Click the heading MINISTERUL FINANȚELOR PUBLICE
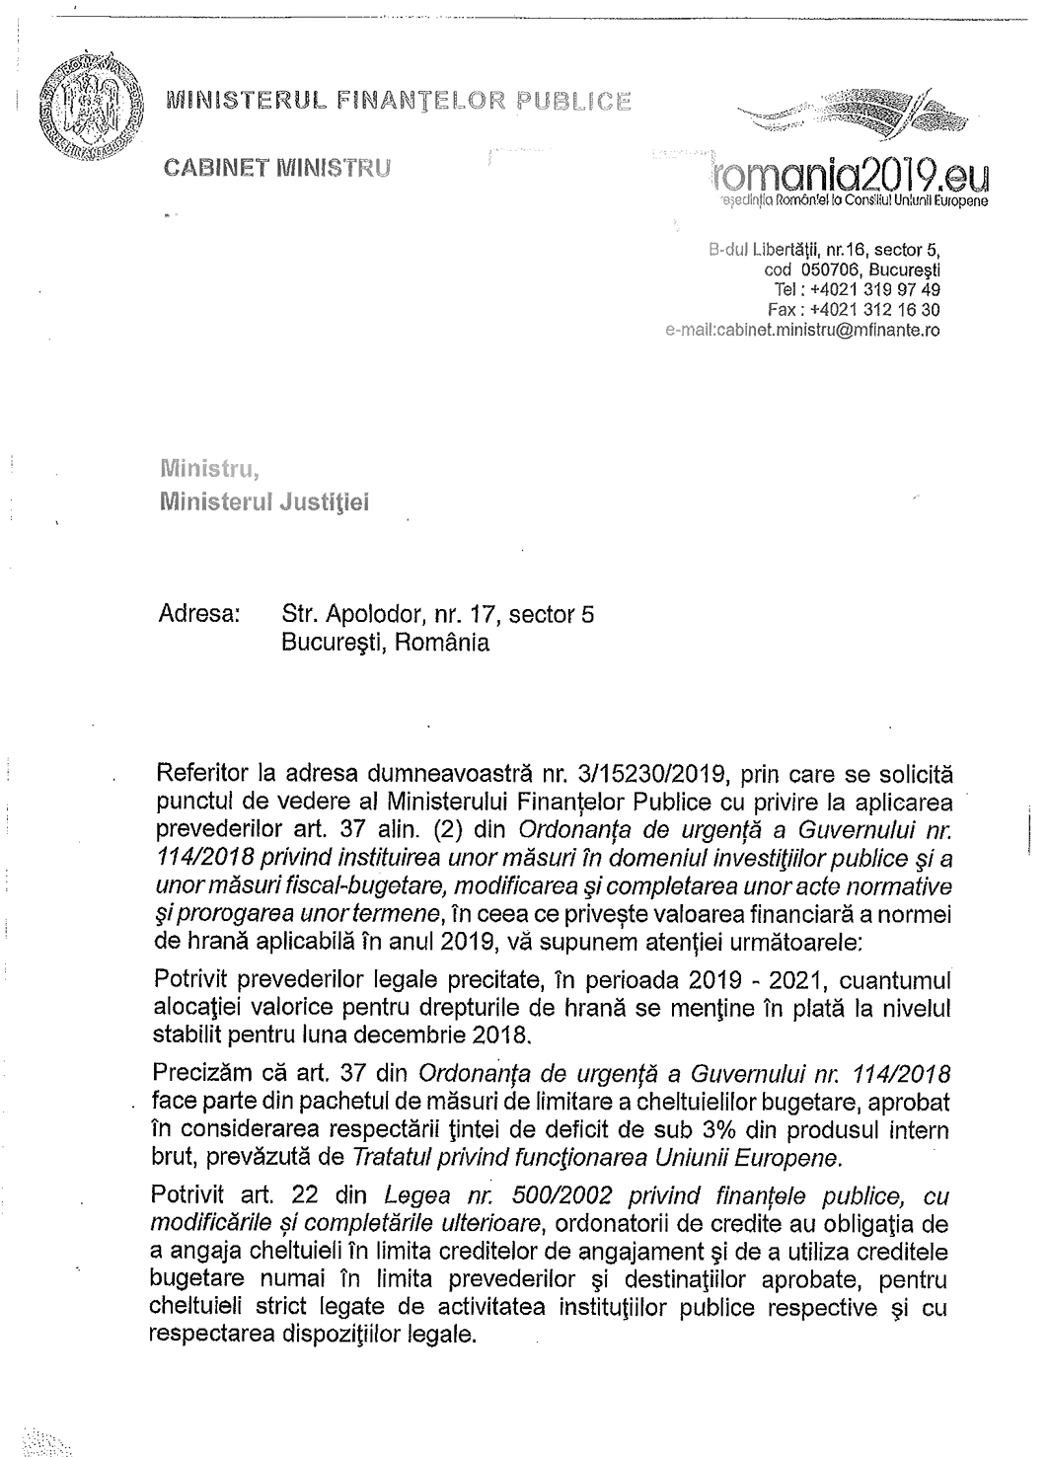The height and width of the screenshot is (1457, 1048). pos(399,100)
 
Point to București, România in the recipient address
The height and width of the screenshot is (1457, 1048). pos(385,643)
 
